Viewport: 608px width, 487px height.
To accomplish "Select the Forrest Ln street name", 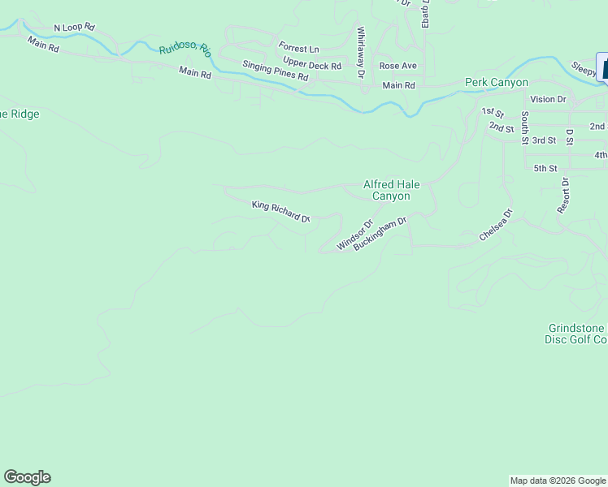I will click(x=298, y=48).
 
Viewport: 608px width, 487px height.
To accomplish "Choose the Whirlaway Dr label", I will click(x=360, y=54).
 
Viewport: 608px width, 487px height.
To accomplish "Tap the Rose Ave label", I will click(x=397, y=66).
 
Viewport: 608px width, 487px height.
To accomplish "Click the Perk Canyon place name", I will click(x=497, y=82).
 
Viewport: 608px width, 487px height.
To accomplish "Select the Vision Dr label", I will click(x=549, y=99).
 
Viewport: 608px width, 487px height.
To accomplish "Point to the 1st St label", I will click(x=492, y=112).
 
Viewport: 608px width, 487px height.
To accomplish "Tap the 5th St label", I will click(x=545, y=169).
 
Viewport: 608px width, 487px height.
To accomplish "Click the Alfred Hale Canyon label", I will click(x=391, y=190).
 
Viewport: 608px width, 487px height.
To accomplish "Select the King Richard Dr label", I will click(x=281, y=212).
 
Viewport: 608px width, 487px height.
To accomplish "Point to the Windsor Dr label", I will click(x=354, y=235).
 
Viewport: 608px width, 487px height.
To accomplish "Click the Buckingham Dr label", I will click(x=380, y=233).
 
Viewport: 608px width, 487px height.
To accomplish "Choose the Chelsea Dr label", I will click(x=496, y=226).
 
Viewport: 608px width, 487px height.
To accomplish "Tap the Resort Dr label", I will click(x=563, y=196).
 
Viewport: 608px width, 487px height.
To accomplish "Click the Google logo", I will click(x=27, y=477).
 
